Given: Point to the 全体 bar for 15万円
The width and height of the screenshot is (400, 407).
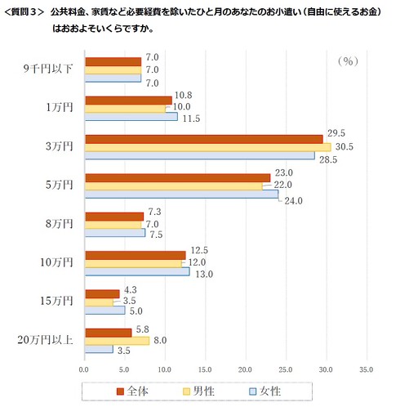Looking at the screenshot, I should [x=102, y=293].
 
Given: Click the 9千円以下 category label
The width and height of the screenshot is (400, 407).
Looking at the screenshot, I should [x=50, y=69].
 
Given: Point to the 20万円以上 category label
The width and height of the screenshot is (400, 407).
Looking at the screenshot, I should [x=47, y=340].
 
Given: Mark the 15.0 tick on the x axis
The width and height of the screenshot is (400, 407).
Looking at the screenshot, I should [x=205, y=369].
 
